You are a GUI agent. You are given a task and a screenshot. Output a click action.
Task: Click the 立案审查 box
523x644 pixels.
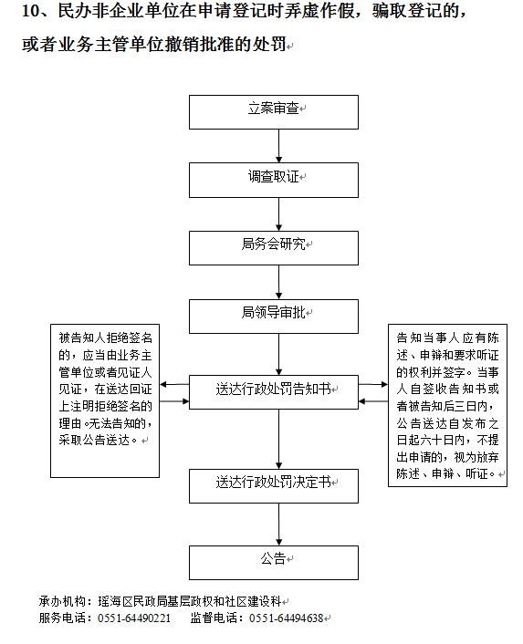(274, 112)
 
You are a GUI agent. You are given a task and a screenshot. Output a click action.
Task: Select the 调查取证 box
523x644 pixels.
(274, 180)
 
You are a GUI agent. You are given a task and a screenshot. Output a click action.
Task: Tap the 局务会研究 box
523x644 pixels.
(274, 248)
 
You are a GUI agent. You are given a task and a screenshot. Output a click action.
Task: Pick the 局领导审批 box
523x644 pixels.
(274, 317)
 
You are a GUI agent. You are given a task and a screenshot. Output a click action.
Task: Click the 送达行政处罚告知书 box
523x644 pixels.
(274, 392)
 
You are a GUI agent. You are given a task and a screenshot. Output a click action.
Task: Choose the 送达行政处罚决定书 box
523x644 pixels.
(274, 486)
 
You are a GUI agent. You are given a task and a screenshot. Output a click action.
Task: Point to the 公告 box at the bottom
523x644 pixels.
(274, 563)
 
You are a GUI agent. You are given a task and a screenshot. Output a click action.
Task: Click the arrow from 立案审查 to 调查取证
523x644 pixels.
(279, 146)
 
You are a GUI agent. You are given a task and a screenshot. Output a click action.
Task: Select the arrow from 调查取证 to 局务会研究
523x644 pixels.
(279, 214)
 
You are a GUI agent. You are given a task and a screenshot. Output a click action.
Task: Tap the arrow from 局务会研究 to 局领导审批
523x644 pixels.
(279, 282)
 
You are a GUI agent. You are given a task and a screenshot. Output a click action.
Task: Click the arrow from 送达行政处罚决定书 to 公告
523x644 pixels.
(279, 525)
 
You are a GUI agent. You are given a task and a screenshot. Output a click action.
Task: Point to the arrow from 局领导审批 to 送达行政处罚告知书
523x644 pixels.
(279, 354)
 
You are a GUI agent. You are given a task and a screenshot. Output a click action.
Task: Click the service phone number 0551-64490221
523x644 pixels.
(134, 618)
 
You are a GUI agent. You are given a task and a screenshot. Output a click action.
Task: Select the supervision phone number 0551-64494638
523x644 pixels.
(287, 618)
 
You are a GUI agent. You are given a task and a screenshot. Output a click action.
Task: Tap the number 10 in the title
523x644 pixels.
(31, 11)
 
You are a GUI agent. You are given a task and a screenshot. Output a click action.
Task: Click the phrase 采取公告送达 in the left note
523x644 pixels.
(94, 441)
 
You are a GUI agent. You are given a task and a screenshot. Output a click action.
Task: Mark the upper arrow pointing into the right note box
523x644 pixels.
(373, 384)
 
